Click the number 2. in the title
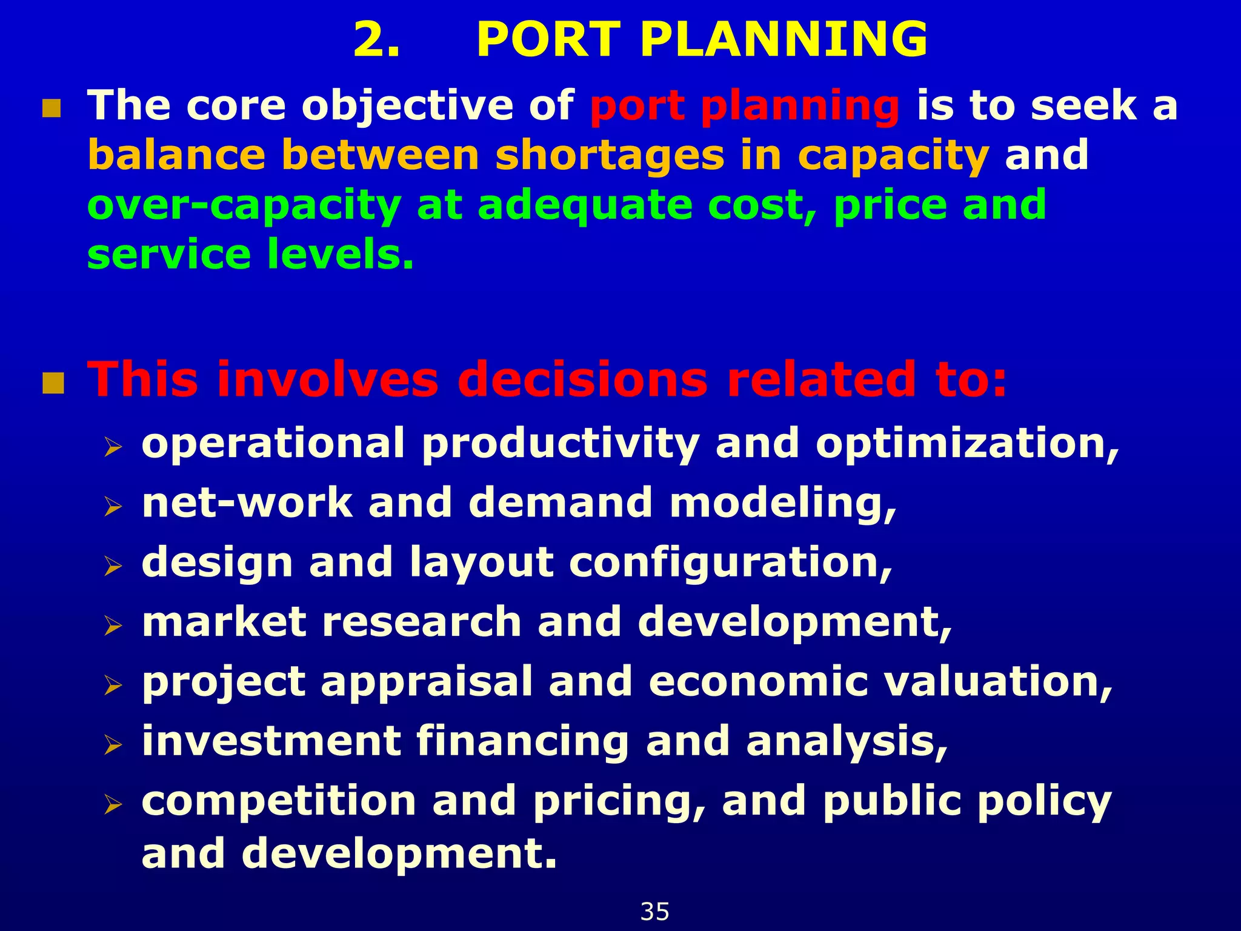coord(376,40)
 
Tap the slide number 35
coord(654,912)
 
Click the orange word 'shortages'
coord(609,156)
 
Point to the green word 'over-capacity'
coord(244,206)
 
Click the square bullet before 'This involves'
coord(53,384)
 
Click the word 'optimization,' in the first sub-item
coord(967,444)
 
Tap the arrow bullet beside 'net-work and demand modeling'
coord(113,506)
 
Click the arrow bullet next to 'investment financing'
coord(113,744)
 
